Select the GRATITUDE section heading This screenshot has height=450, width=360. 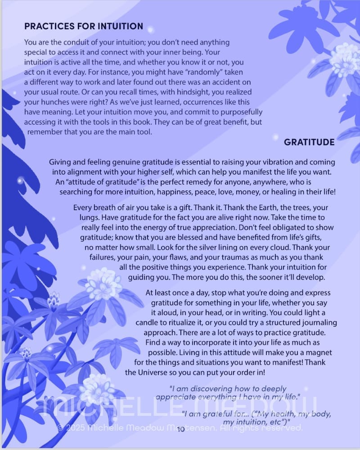309,142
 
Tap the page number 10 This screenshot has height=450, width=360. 181,429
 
